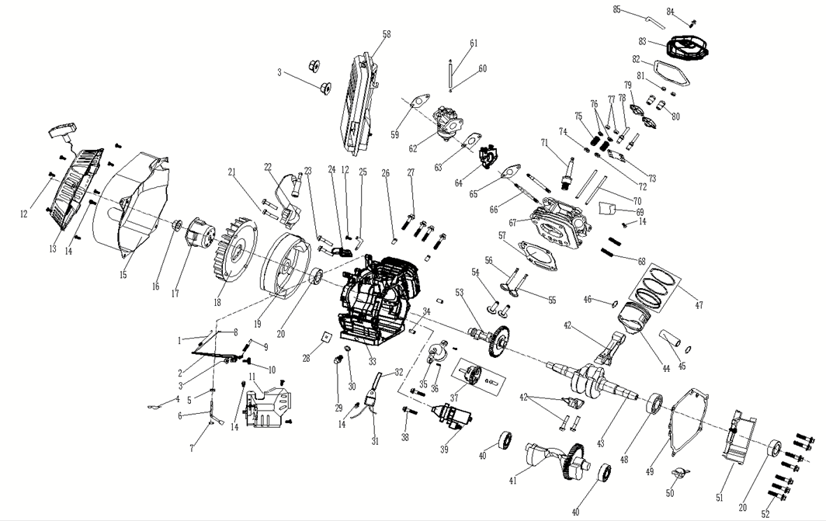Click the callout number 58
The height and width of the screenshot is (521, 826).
(387, 33)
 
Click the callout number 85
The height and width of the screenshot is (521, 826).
(617, 9)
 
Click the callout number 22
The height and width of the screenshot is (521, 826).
(269, 166)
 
